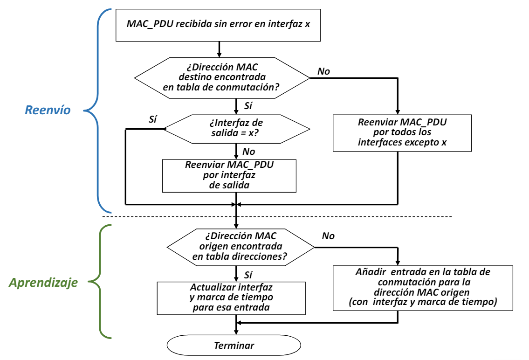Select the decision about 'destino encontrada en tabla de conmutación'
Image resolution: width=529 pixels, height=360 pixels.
222,77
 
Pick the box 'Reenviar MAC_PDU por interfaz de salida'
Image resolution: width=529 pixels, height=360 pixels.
229,175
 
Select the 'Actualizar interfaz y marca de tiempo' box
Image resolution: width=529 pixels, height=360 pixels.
231,297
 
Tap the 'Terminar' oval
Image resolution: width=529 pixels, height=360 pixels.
234,346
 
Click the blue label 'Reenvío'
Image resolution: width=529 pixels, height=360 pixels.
48,110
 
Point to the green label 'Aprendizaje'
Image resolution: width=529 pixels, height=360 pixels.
44,283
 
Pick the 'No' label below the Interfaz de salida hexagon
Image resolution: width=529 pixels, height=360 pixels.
248,151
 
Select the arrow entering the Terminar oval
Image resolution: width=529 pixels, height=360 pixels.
237,328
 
